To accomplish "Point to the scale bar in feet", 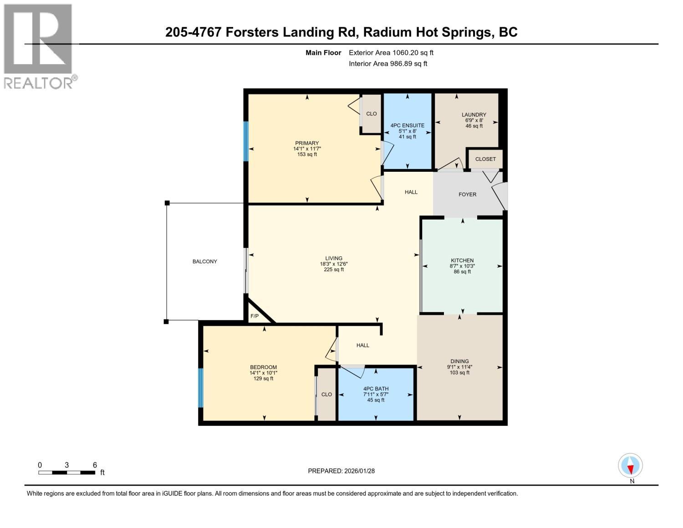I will coord(67,472).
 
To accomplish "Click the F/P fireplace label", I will coord(255,316).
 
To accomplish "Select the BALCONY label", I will coord(204,261).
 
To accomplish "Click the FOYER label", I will coord(467,195).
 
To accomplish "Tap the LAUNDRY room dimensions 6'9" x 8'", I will coord(474,120).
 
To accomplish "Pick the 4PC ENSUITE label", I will coord(407,125).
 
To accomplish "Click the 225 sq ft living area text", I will coord(333,270).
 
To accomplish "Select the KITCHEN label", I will coord(462,261).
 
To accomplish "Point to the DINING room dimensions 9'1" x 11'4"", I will coord(459,367).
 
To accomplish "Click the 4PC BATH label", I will coord(376,389).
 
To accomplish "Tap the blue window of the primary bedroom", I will coord(246,141).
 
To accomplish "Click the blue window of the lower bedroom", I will coord(200,388).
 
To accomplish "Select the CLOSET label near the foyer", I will coord(485,159).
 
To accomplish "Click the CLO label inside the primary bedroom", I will coord(372,114).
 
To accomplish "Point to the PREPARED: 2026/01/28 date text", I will coord(341,471).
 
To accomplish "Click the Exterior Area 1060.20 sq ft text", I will coord(391,53).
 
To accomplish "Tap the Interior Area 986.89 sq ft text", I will coord(388,64).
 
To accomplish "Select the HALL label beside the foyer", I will coord(411,192).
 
